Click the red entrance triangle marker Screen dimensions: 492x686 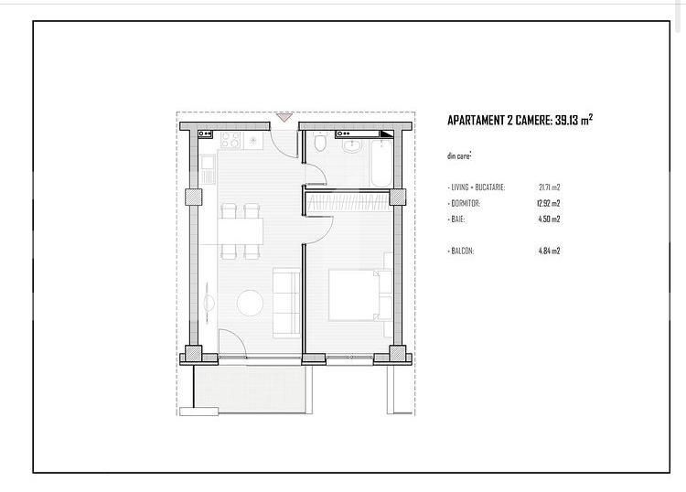pyautogui.click(x=284, y=117)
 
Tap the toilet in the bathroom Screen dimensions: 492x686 pyautogui.click(x=318, y=144)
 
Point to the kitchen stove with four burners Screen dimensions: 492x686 pyautogui.click(x=230, y=140)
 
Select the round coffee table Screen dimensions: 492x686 pyautogui.click(x=250, y=302)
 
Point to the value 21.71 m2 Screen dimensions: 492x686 pyautogui.click(x=549, y=187)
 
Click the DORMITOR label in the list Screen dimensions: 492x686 pyautogui.click(x=465, y=203)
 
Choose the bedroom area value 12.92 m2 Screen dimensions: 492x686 pyautogui.click(x=549, y=203)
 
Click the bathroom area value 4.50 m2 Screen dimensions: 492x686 pyautogui.click(x=549, y=219)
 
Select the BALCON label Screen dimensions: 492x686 pyautogui.click(x=462, y=250)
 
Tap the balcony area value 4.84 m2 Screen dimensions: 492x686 pyautogui.click(x=549, y=250)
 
